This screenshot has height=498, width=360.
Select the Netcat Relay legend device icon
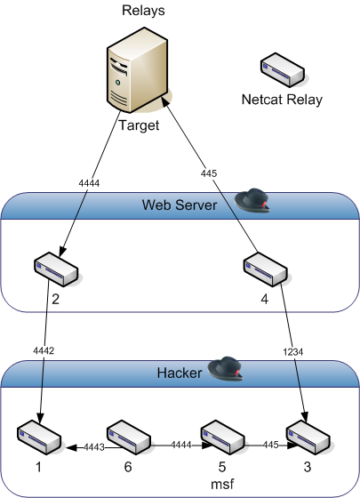[x=283, y=70]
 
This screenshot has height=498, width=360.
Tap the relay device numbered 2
[x=56, y=269]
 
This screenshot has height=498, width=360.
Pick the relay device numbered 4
[x=266, y=269]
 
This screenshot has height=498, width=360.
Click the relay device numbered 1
[x=39, y=437]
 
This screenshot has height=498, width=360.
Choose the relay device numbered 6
[x=128, y=437]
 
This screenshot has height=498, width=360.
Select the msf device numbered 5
[x=222, y=437]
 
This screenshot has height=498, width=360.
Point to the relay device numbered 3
[x=308, y=437]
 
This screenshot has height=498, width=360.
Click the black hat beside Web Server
[x=252, y=200]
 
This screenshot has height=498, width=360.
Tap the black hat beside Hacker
[x=225, y=368]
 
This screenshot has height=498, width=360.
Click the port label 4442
[x=44, y=350]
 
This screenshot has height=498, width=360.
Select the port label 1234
[x=293, y=352]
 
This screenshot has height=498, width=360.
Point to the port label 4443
[x=94, y=447]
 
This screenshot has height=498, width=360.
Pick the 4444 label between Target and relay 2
[x=89, y=183]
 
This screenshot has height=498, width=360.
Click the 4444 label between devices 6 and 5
[x=181, y=445]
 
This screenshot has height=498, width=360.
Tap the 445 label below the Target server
[x=209, y=173]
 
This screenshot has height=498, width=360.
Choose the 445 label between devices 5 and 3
[x=270, y=445]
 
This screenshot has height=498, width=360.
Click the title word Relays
[x=143, y=10]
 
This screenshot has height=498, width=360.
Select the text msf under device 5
[x=222, y=484]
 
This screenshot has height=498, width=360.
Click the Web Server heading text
[x=180, y=205]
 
